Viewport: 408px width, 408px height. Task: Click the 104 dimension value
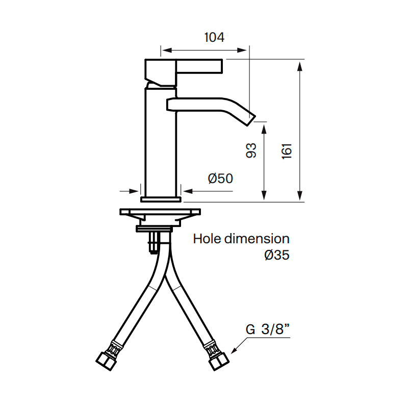tap(214, 37)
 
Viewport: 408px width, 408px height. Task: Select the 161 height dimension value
tap(287, 151)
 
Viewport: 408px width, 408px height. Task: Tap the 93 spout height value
tap(251, 150)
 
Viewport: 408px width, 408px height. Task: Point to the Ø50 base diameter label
tap(220, 178)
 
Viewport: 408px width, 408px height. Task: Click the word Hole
tap(208, 239)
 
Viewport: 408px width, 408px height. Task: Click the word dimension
tap(257, 239)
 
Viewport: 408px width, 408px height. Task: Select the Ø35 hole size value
tap(277, 255)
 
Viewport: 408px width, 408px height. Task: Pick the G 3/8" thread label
tap(267, 329)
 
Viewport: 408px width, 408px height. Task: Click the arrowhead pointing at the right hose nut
tap(234, 351)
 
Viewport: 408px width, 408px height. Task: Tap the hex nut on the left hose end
tap(106, 362)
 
